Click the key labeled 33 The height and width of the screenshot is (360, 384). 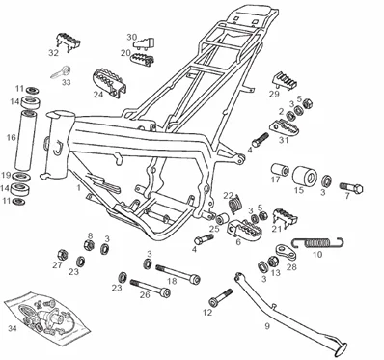pyautogui.click(x=61, y=71)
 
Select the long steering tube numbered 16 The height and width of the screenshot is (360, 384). pyautogui.click(x=25, y=140)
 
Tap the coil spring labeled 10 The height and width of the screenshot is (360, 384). pyautogui.click(x=317, y=242)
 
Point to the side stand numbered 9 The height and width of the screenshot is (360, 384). pyautogui.click(x=289, y=314)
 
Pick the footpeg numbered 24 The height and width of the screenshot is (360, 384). pyautogui.click(x=109, y=82)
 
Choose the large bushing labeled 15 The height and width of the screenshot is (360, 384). pyautogui.click(x=305, y=176)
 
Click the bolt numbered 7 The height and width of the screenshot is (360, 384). pyautogui.click(x=351, y=187)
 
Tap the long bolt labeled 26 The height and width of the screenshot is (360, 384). pyautogui.click(x=151, y=288)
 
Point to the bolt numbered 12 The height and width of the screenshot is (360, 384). pyautogui.click(x=221, y=297)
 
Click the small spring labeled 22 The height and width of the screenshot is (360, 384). pyautogui.click(x=235, y=204)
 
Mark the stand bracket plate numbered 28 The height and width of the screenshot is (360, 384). pyautogui.click(x=286, y=252)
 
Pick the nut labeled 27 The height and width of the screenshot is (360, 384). pyautogui.click(x=62, y=255)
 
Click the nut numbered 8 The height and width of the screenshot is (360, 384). pyautogui.click(x=89, y=245)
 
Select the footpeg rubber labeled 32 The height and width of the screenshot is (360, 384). pyautogui.click(x=69, y=41)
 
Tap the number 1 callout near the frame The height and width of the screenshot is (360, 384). pyautogui.click(x=79, y=187)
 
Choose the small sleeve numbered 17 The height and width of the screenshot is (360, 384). pyautogui.click(x=280, y=169)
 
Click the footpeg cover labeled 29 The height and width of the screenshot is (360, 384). pyautogui.click(x=286, y=81)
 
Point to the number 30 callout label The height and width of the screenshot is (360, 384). pyautogui.click(x=131, y=37)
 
